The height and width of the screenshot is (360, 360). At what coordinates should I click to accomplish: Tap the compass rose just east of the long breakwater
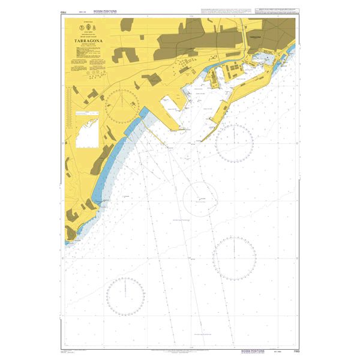(235, 143)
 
